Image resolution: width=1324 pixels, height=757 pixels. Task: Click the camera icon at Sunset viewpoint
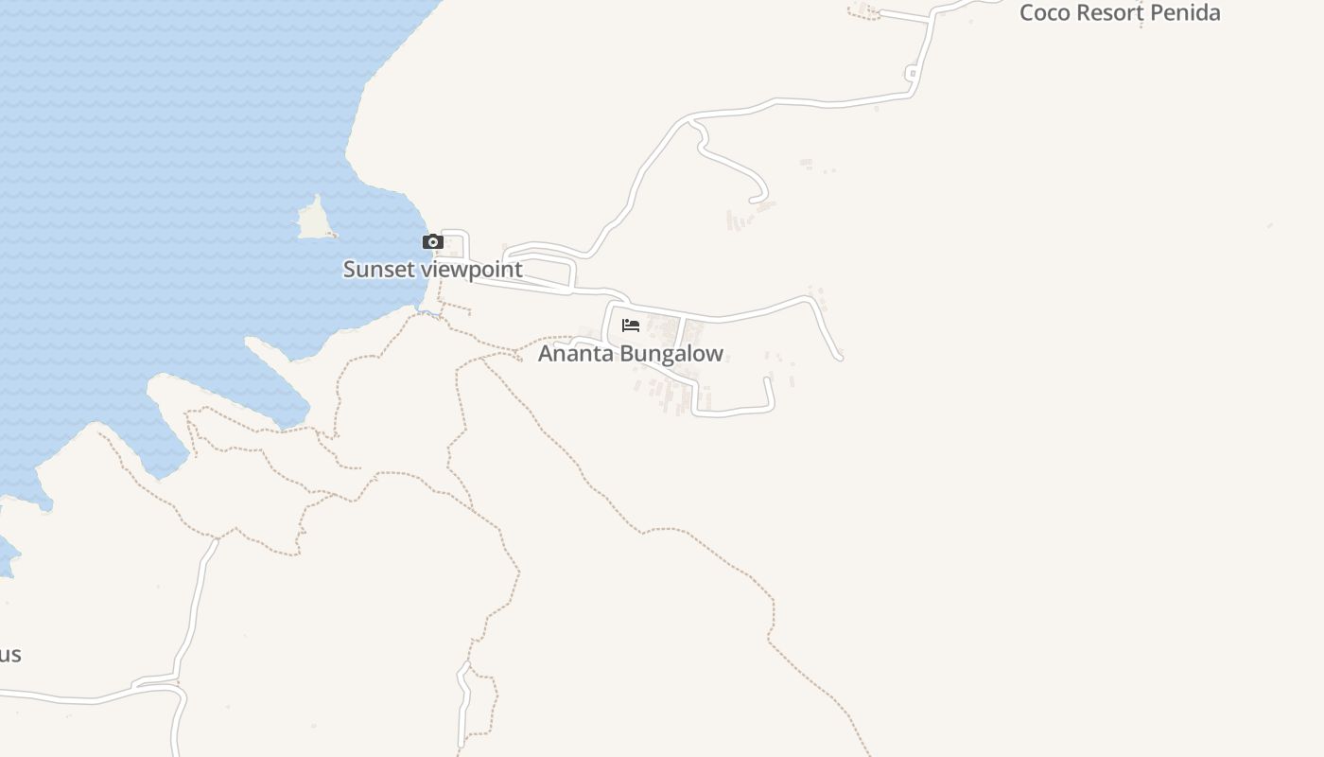coord(433,242)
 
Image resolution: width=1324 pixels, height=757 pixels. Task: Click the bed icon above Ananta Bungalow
coord(631,326)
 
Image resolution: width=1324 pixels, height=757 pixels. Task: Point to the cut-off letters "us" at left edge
coord(9,655)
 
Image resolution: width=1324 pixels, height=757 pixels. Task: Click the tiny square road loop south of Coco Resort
coord(912,73)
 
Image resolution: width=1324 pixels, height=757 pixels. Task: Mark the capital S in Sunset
coord(349,270)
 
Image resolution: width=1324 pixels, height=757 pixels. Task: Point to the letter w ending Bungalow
coord(715,355)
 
